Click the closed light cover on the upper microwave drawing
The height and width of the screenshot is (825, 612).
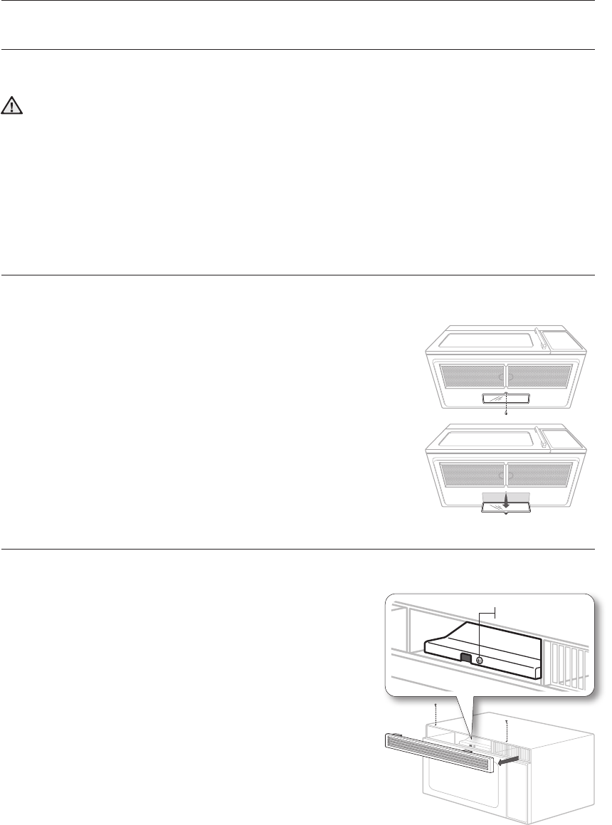(x=505, y=397)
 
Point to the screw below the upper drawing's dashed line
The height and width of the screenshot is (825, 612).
(x=505, y=412)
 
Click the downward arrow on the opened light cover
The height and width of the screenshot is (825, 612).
(x=505, y=500)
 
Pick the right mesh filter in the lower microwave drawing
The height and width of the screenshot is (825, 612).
(x=539, y=474)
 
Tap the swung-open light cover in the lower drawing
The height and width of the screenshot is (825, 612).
(x=505, y=506)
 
